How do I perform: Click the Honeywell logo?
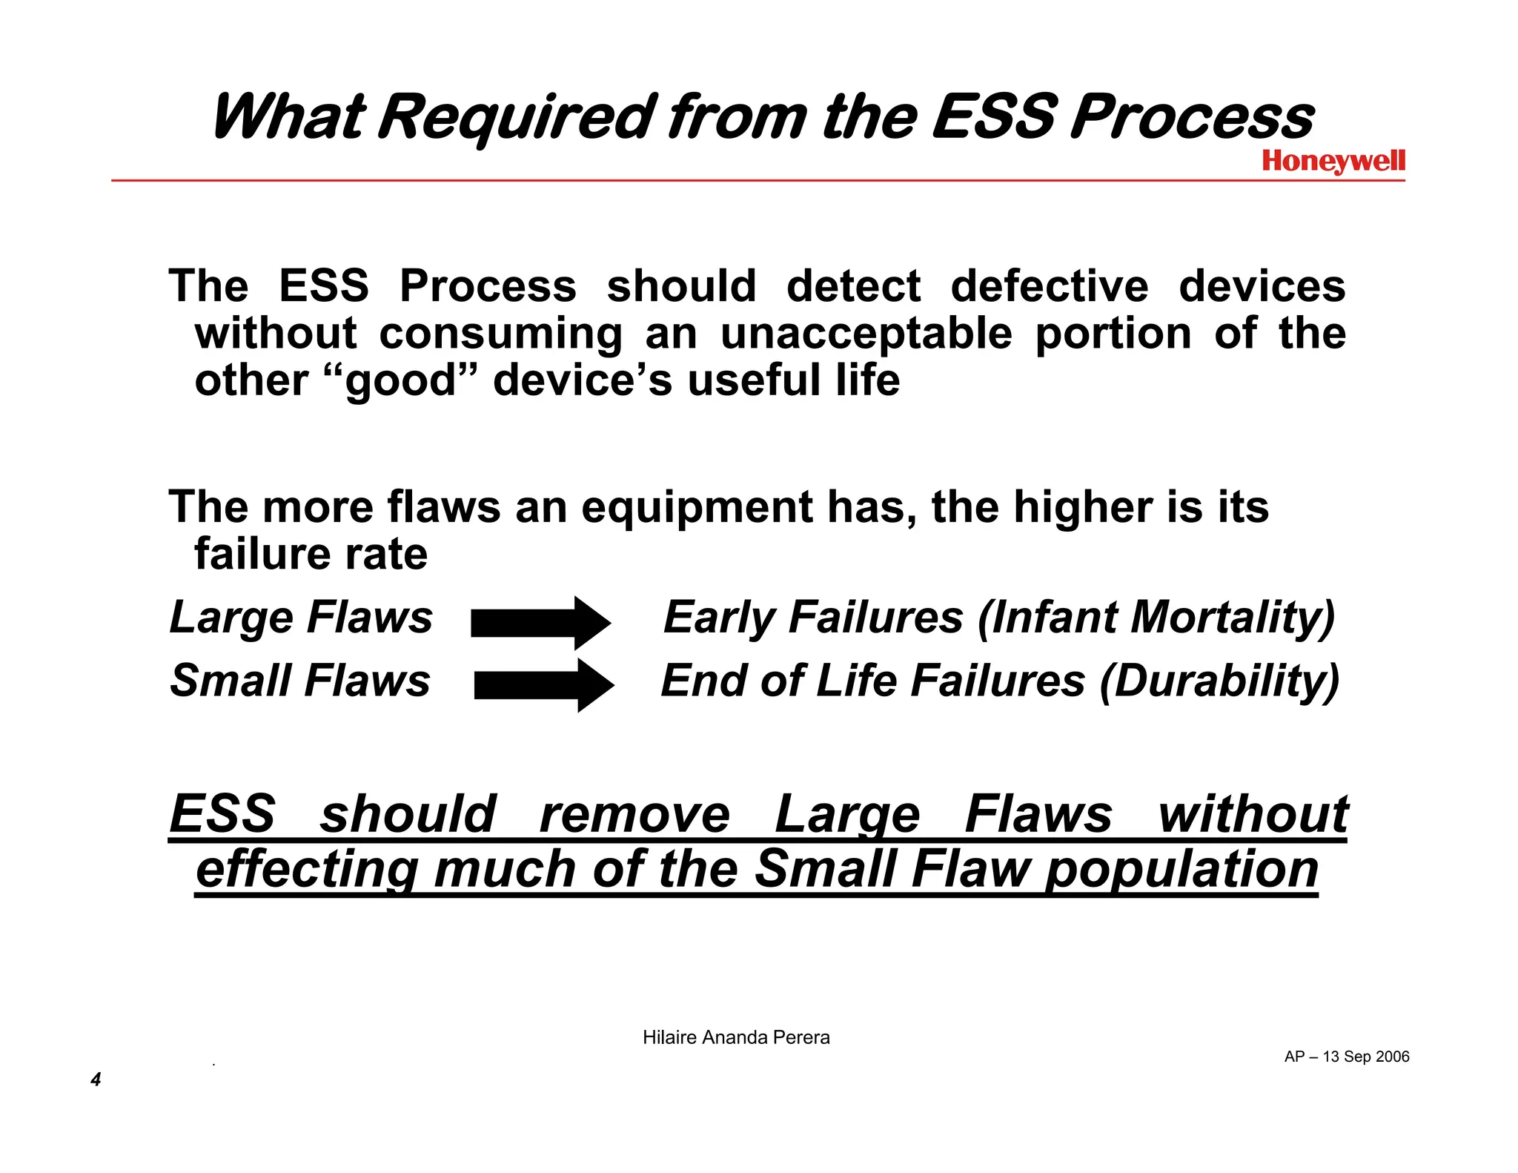click(x=1333, y=161)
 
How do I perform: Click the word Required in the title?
click(x=516, y=117)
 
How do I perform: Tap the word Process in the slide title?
click(x=1192, y=117)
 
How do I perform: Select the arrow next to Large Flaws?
click(x=540, y=623)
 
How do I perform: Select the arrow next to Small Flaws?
click(x=543, y=685)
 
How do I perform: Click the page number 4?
click(x=96, y=1079)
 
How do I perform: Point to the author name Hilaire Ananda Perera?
click(x=736, y=1037)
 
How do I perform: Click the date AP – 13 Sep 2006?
click(x=1346, y=1057)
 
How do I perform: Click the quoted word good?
click(x=400, y=381)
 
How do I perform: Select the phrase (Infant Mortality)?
click(x=1156, y=618)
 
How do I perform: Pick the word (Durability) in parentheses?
click(x=1219, y=681)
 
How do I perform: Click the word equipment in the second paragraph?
click(x=697, y=507)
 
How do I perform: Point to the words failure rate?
click(x=311, y=554)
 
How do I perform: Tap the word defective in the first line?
click(x=1049, y=286)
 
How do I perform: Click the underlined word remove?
click(x=634, y=814)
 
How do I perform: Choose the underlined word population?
click(x=1181, y=869)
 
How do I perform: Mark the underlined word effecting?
click(x=307, y=869)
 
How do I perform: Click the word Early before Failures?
click(x=719, y=618)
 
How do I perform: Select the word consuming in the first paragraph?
click(x=501, y=334)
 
